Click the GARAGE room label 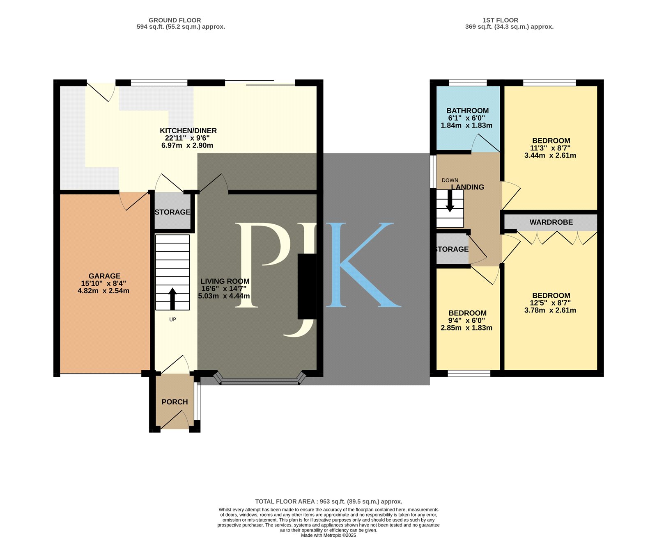[104, 276]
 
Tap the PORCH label [175, 402]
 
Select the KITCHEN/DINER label [188, 131]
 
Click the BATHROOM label [467, 111]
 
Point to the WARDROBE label [551, 222]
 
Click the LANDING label [468, 187]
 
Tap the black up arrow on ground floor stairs [172, 299]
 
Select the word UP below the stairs [172, 319]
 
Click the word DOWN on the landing [450, 180]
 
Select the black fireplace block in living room [307, 286]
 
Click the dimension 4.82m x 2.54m [103, 291]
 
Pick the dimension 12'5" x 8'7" [550, 303]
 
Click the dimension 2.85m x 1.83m [466, 328]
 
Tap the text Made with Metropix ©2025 [328, 535]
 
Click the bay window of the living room [260, 379]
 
